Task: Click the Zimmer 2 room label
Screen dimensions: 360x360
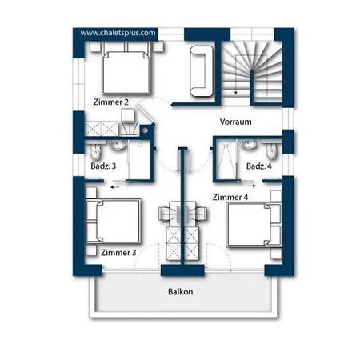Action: tap(111, 102)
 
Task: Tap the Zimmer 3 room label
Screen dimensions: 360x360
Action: tap(118, 252)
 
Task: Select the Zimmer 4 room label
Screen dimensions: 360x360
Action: tap(230, 198)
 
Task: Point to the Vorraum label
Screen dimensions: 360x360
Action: tap(236, 122)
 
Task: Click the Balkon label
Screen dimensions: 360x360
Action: tap(181, 292)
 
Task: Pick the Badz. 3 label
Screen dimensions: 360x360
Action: tap(103, 166)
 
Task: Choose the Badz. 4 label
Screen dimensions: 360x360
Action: tap(259, 166)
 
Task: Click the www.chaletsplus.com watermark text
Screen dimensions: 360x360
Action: tap(118, 33)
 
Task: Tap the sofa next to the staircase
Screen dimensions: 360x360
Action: tap(202, 71)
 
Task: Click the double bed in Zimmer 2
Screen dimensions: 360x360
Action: tap(126, 68)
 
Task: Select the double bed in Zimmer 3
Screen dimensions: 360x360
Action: tap(113, 221)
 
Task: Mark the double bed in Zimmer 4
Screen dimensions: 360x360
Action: tap(254, 225)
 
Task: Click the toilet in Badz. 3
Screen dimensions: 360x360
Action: tap(95, 152)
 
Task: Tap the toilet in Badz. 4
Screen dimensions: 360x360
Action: tap(271, 152)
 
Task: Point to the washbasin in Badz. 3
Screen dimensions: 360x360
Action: tap(117, 146)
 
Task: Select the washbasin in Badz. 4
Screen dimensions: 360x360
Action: tap(248, 146)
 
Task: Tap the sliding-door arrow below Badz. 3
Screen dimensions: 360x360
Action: tap(115, 187)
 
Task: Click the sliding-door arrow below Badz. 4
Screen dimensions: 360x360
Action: tap(251, 186)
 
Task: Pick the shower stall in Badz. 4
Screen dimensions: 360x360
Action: tap(226, 159)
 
